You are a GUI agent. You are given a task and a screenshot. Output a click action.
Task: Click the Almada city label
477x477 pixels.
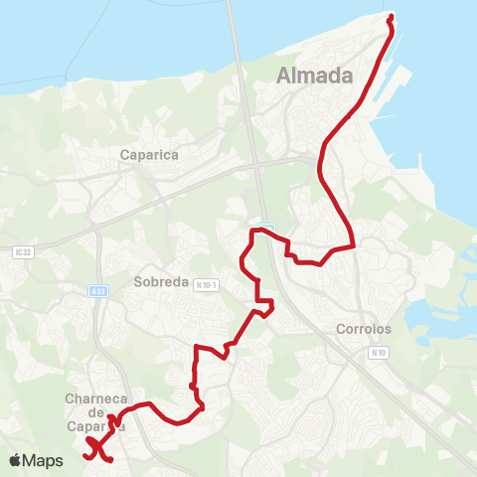315,76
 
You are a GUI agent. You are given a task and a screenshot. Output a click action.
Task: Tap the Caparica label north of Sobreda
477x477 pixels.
148,155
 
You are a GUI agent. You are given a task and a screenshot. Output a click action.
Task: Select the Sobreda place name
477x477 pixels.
161,281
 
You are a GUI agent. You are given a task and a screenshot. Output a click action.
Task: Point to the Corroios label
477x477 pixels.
364,328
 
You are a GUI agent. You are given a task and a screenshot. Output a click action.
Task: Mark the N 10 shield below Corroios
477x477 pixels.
377,352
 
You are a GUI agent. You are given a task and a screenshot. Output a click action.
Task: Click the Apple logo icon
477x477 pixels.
15,460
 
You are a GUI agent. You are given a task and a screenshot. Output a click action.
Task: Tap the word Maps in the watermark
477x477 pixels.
44,460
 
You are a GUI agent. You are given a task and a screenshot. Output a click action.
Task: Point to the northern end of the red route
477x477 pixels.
391,17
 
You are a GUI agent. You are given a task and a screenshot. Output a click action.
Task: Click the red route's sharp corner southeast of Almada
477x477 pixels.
354,245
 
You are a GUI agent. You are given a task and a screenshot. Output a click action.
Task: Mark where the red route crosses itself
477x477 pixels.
97,448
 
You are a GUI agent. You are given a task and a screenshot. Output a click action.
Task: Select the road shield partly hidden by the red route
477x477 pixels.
266,229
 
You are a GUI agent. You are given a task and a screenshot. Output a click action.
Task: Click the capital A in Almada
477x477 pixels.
286,76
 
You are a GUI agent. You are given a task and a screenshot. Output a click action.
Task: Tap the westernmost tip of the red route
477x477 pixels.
87,439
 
